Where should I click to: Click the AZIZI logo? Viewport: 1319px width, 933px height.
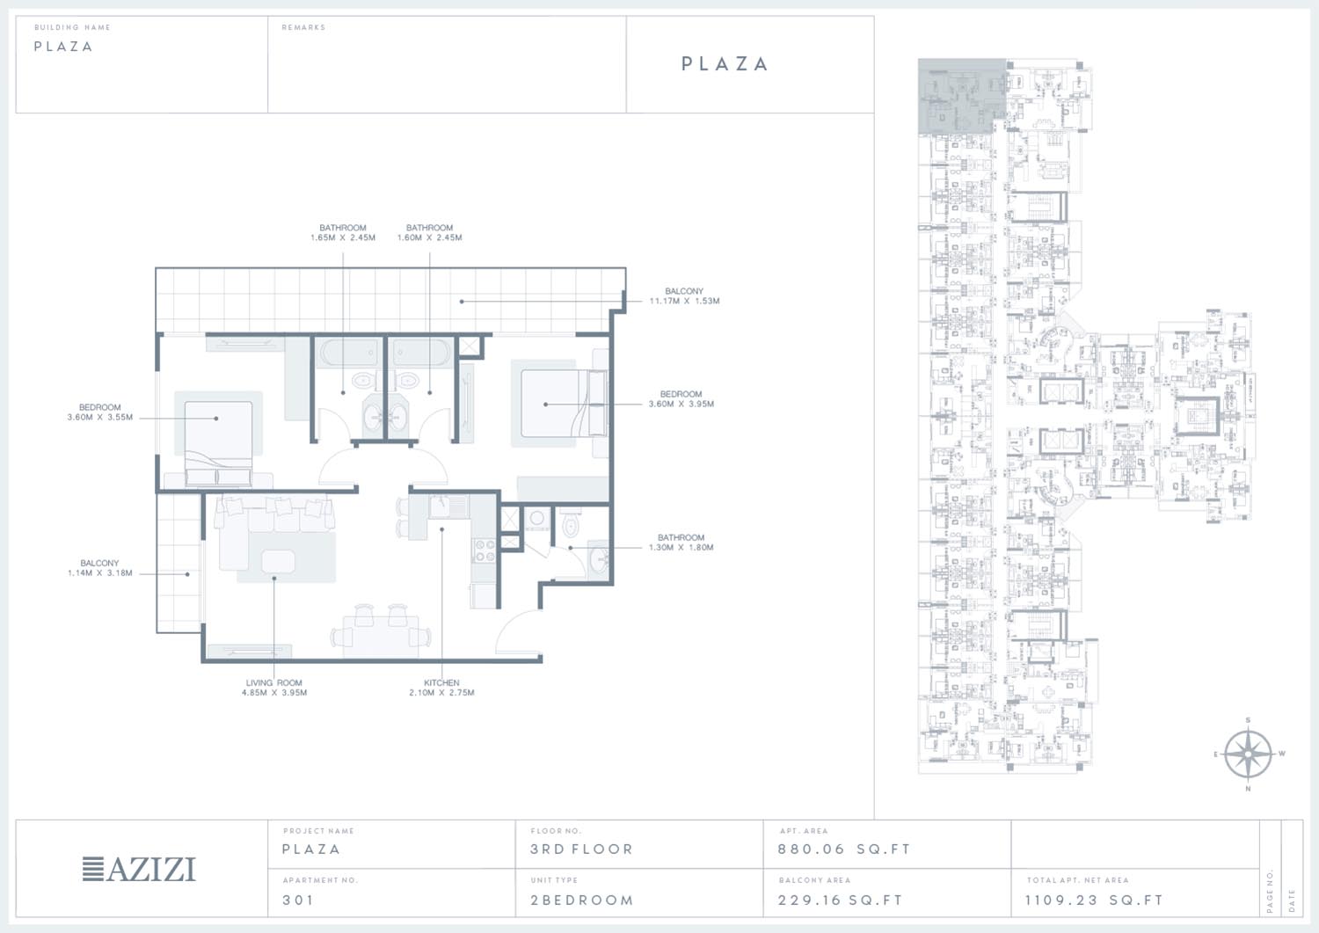click(139, 870)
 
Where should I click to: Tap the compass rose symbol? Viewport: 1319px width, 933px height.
click(1248, 754)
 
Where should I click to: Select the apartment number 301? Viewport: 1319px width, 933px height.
click(298, 900)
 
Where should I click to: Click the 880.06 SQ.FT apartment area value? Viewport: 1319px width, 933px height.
click(844, 849)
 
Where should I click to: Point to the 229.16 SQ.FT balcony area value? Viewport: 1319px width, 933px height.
click(841, 900)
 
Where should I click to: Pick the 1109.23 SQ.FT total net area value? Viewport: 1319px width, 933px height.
click(1094, 900)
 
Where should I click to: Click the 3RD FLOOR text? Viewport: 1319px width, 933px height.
click(582, 849)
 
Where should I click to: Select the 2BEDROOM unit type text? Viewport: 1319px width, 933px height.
click(582, 900)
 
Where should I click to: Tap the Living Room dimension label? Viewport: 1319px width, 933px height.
click(274, 688)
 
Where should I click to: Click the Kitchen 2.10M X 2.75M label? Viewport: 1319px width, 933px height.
click(441, 688)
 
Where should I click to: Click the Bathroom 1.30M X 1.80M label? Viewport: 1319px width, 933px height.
click(681, 542)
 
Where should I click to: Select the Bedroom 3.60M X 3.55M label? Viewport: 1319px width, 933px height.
click(99, 412)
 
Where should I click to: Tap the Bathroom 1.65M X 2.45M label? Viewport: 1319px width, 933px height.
click(343, 233)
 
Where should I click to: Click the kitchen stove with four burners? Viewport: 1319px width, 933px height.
click(485, 550)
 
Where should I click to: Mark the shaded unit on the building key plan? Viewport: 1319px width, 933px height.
click(962, 96)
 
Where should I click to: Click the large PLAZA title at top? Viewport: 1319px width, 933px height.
click(725, 63)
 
